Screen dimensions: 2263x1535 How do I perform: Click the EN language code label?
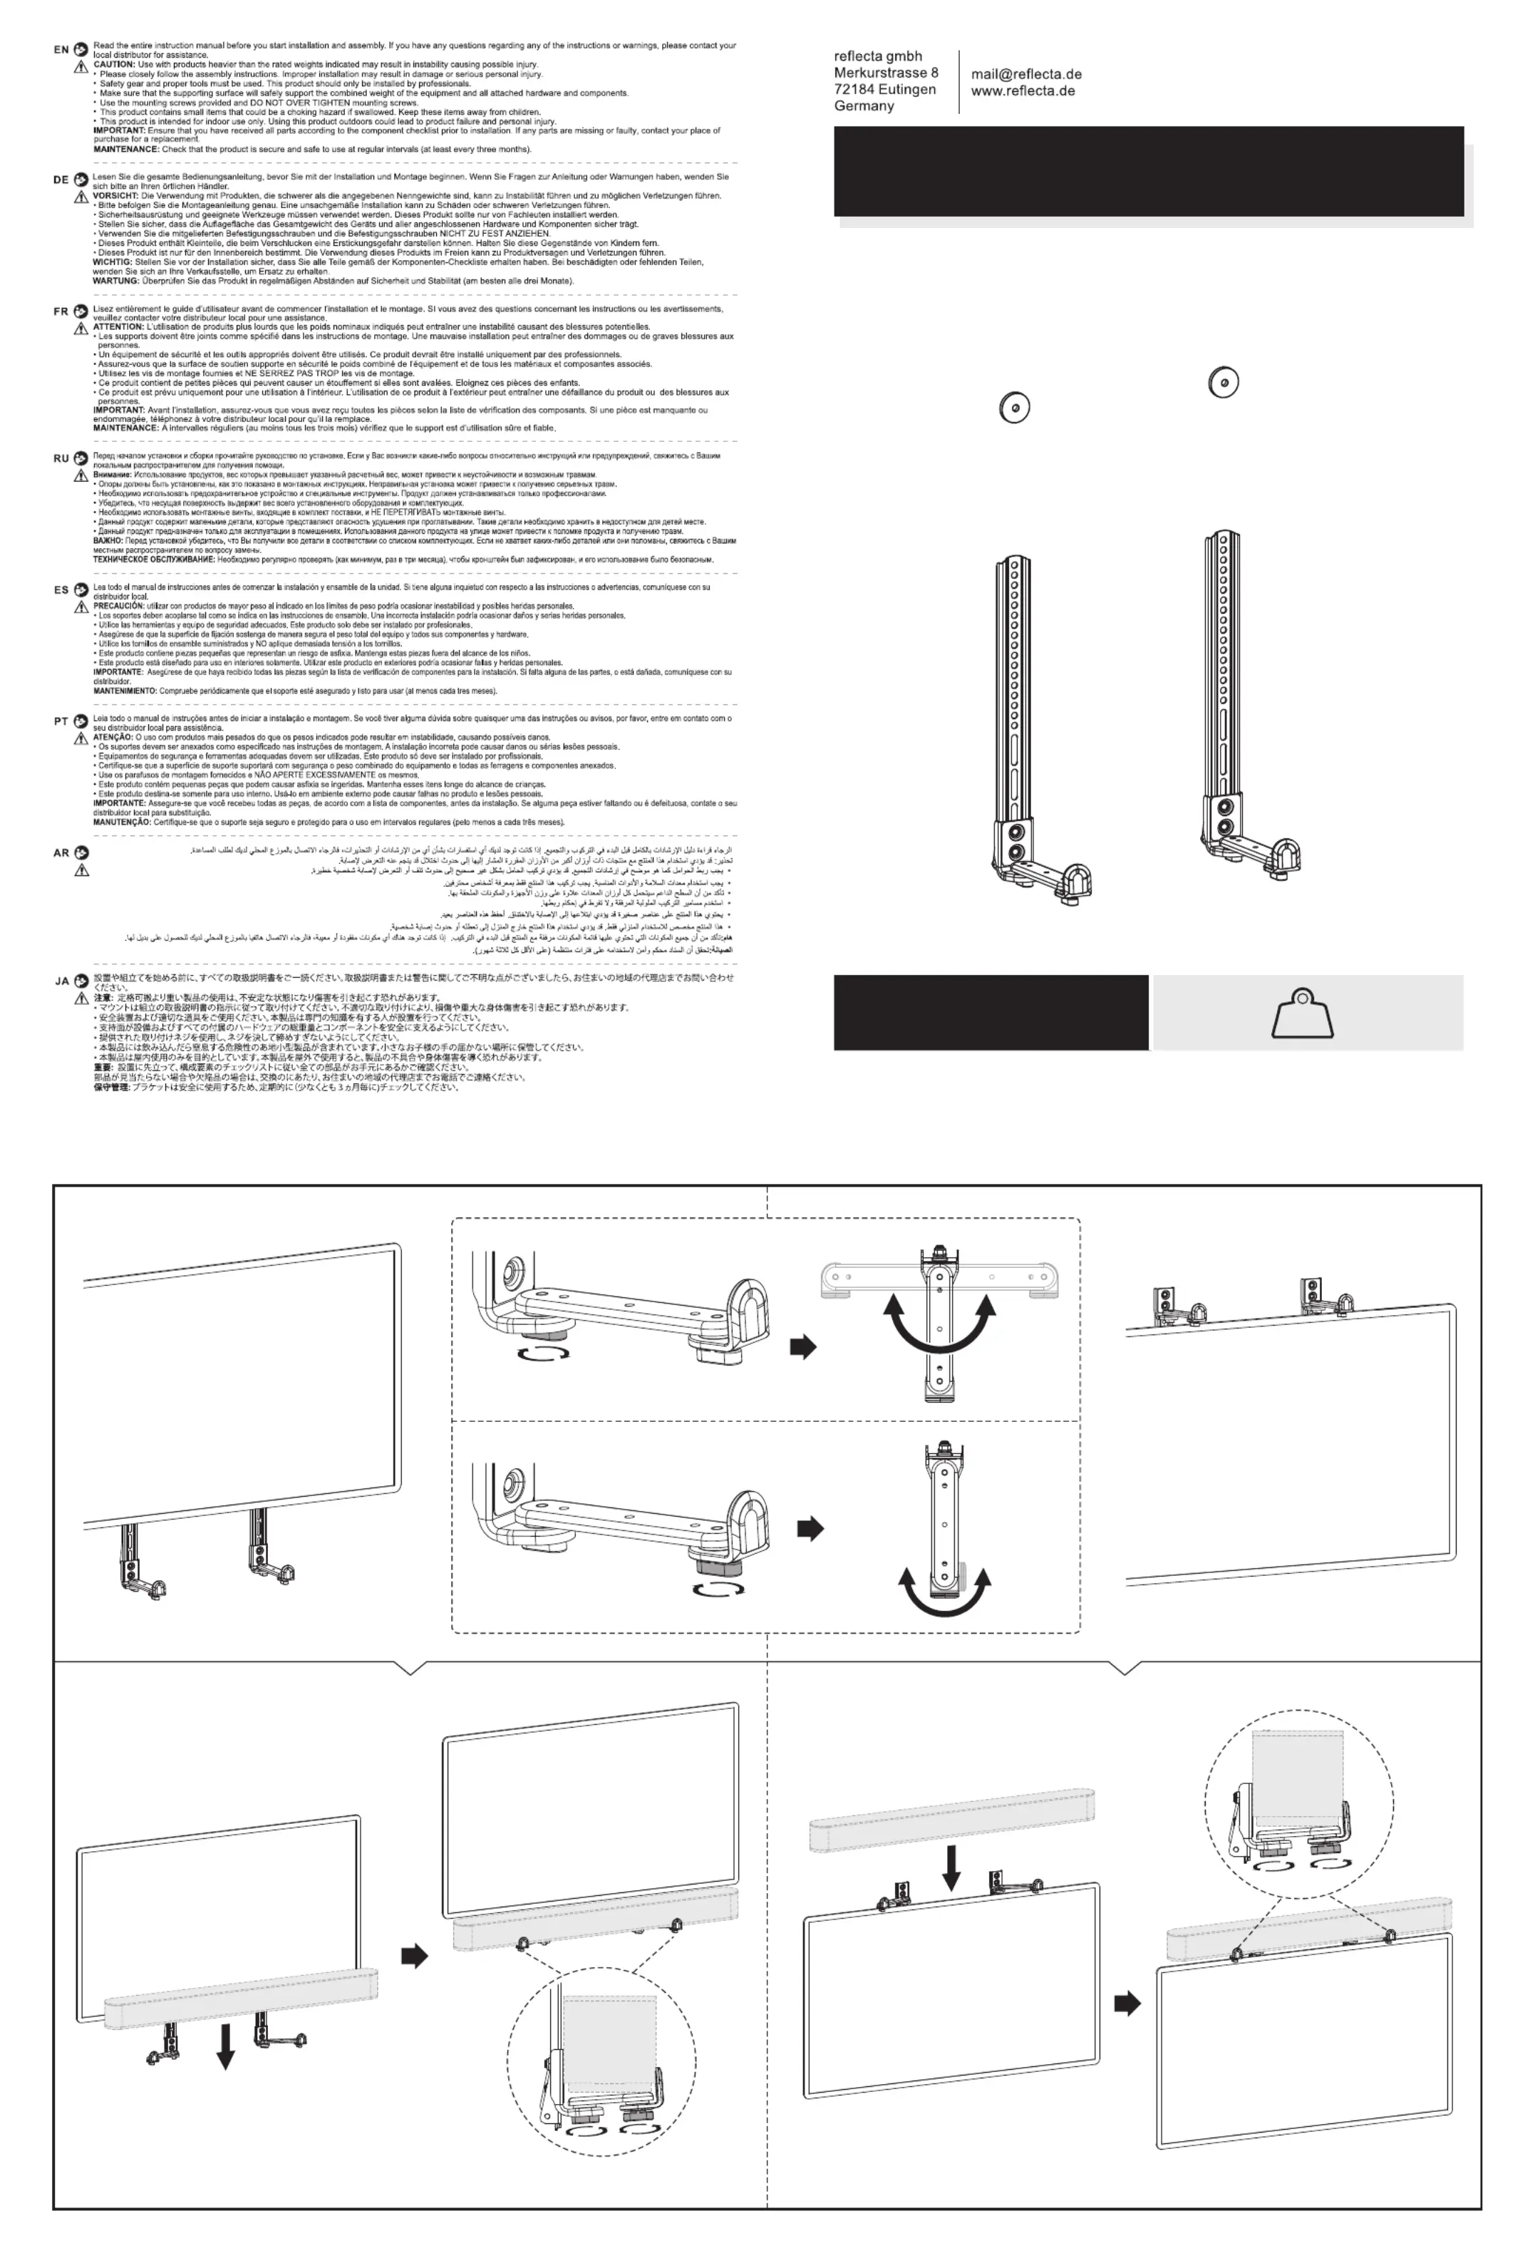pos(61,50)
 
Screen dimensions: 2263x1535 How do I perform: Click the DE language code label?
pos(61,180)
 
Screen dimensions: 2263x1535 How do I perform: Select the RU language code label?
pos(61,458)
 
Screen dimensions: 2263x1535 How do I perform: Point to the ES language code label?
pos(61,590)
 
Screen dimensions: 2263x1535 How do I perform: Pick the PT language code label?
pos(61,721)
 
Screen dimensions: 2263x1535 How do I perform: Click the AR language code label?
pos(61,853)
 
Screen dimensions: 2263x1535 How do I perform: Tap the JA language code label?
pos(61,981)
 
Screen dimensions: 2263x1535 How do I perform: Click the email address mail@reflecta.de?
pos(1026,74)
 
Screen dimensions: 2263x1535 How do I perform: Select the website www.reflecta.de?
pos(1022,91)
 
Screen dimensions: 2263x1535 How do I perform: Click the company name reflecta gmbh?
pos(877,56)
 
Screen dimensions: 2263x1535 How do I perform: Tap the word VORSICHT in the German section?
pos(114,196)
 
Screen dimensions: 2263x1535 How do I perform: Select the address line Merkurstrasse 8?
pos(886,73)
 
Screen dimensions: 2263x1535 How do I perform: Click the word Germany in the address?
pos(864,106)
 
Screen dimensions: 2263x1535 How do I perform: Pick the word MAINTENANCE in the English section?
pos(125,149)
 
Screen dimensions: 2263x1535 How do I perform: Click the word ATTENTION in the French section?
pos(118,327)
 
